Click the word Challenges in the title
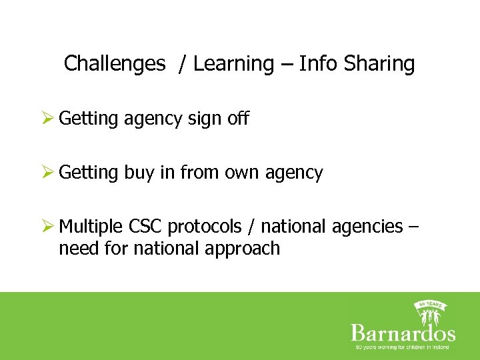(x=114, y=64)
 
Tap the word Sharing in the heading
(x=379, y=64)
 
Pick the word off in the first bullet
(x=237, y=119)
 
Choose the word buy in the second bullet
(x=139, y=173)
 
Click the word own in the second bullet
(x=243, y=173)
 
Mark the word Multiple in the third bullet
(x=91, y=227)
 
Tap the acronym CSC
(x=145, y=227)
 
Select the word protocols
(x=205, y=227)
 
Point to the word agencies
(x=365, y=227)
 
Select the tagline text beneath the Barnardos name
(x=403, y=347)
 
